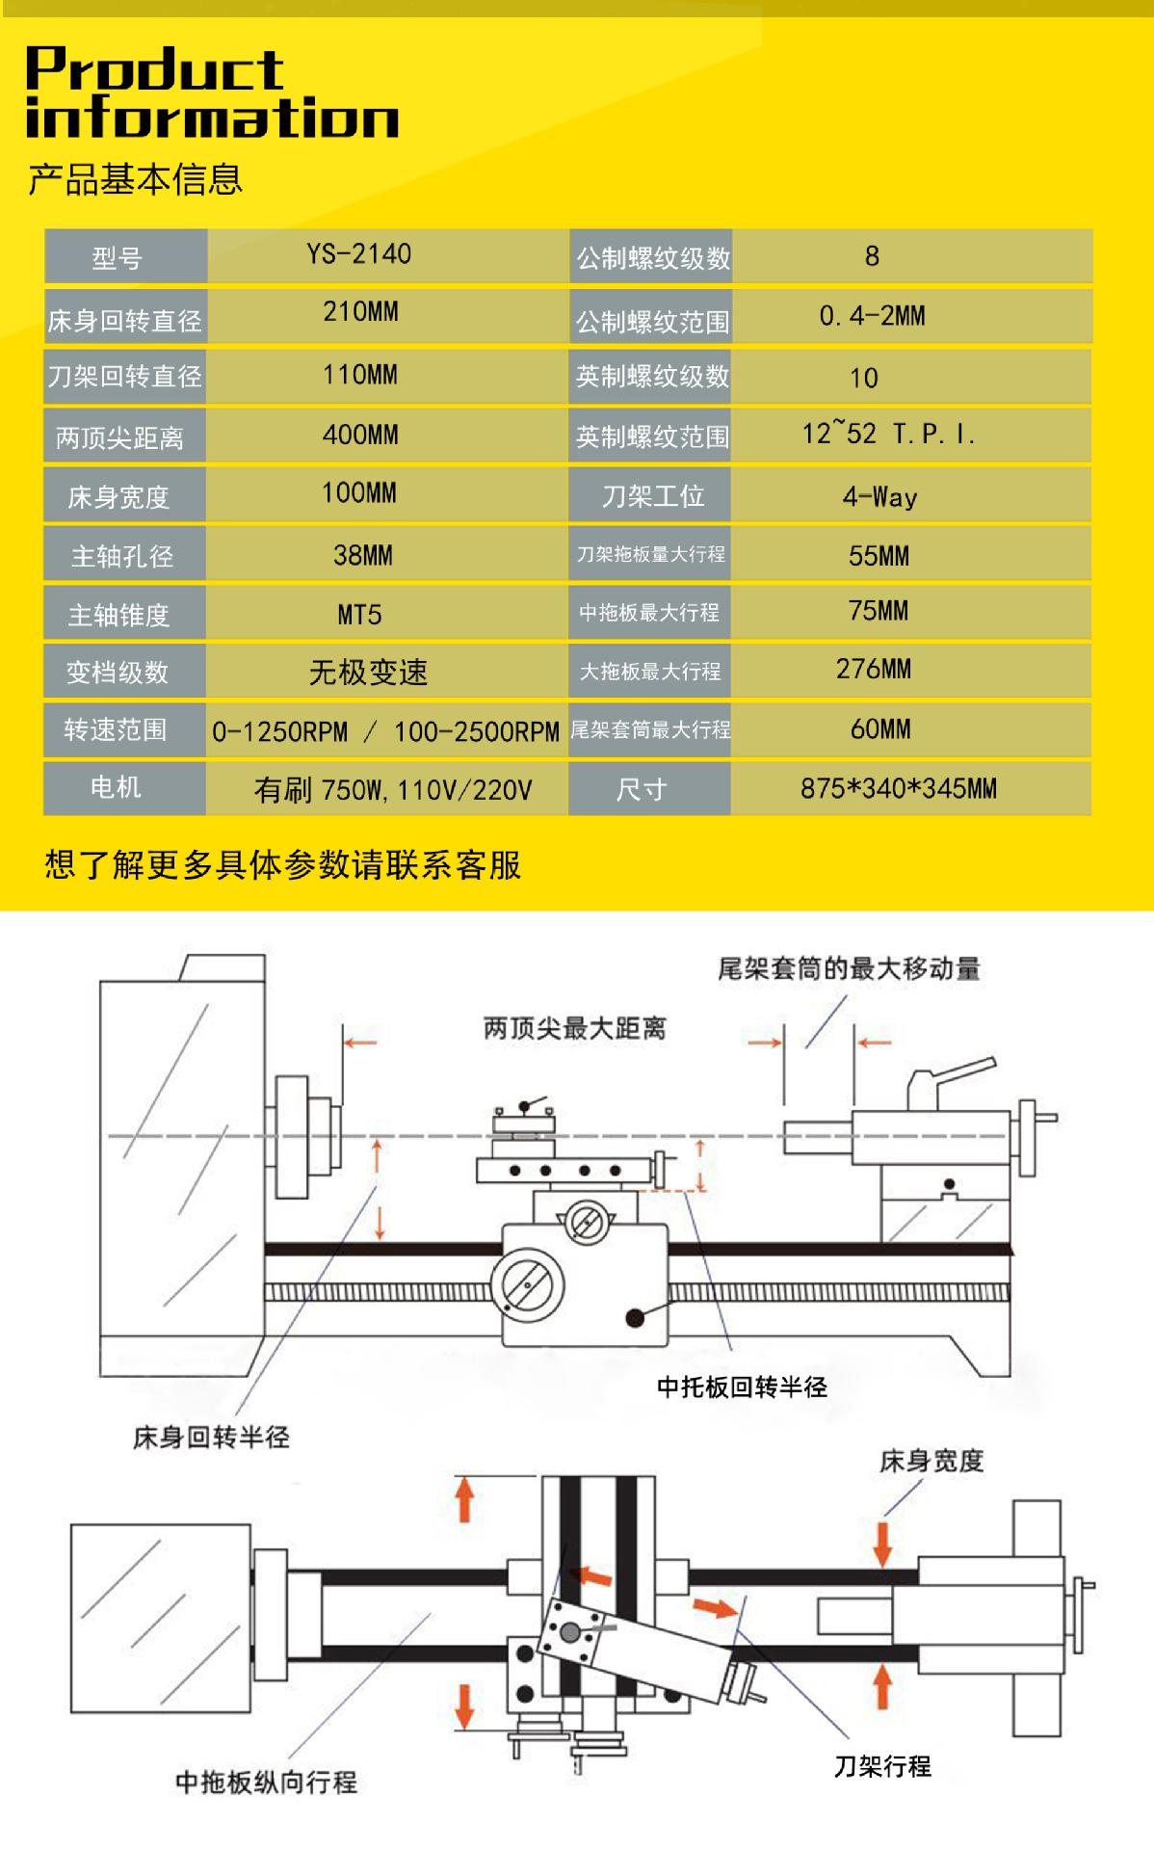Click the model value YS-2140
(358, 254)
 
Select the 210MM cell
(360, 312)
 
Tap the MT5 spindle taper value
(359, 615)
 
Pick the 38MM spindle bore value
(362, 555)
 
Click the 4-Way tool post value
(879, 497)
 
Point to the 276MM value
(873, 669)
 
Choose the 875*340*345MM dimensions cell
(898, 789)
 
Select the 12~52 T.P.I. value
(887, 435)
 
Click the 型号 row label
(118, 258)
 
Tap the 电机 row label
(116, 788)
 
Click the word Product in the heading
(154, 69)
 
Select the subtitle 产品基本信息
(135, 180)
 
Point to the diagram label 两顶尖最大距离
(574, 1029)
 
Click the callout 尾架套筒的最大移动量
(849, 968)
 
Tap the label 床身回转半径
(211, 1438)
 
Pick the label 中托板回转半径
(742, 1387)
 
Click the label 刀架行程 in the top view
(882, 1766)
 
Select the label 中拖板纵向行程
(266, 1782)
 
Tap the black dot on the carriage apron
(634, 1317)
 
